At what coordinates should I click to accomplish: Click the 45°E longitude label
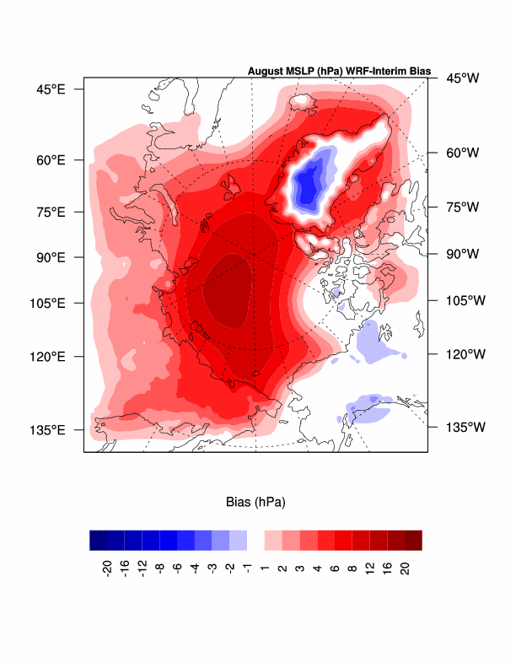click(x=50, y=89)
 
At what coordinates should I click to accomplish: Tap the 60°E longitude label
click(x=50, y=160)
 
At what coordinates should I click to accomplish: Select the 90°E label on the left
click(x=50, y=257)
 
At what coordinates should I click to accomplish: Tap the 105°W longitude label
click(x=465, y=300)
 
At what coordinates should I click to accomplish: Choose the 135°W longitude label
click(x=465, y=427)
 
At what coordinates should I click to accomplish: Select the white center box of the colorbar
click(x=256, y=540)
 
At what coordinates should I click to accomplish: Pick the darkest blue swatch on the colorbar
click(x=98, y=540)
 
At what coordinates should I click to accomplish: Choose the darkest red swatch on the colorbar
click(x=413, y=540)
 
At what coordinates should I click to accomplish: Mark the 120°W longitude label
click(x=465, y=354)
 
